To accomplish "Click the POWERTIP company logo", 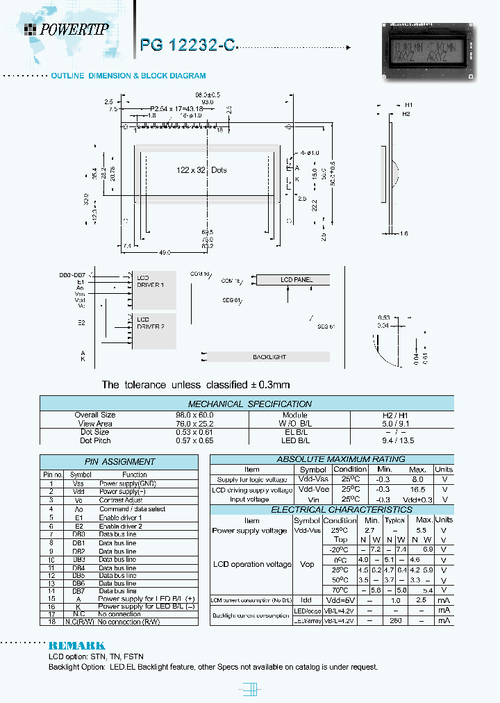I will (x=67, y=28).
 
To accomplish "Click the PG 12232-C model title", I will (x=187, y=44).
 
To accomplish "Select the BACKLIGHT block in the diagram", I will (x=269, y=357).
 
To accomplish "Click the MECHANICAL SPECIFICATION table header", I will (x=250, y=404).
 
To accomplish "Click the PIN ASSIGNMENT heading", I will (x=119, y=461).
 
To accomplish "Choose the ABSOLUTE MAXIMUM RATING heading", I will (x=331, y=459).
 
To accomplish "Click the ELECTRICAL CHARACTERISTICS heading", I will (x=331, y=510).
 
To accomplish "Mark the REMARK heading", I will (x=76, y=645).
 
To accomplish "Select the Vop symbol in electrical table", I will (x=306, y=565).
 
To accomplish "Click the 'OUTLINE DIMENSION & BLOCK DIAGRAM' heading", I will (x=128, y=76).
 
